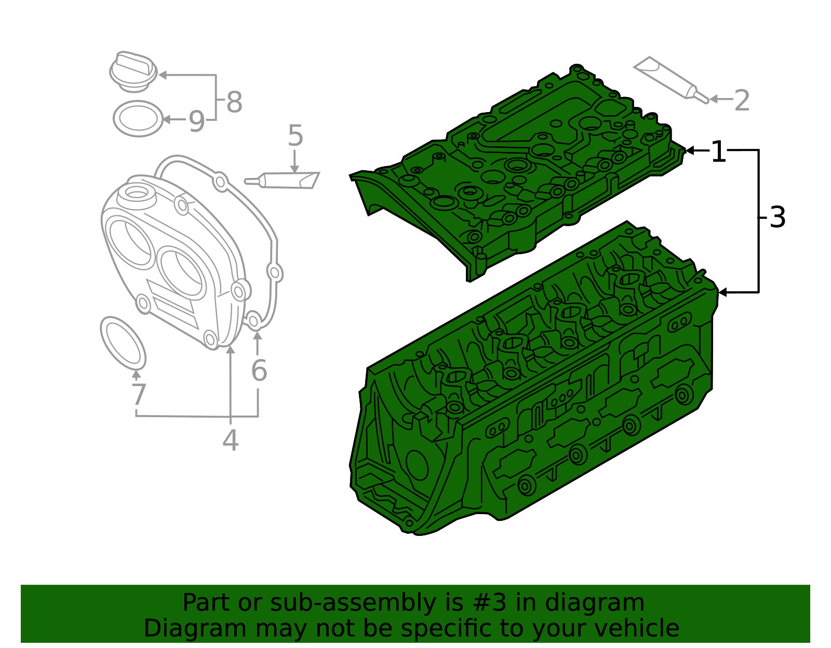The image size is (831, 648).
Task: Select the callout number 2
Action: tap(742, 100)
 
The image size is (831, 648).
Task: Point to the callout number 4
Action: tap(230, 440)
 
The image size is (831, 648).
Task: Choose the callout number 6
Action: tap(259, 370)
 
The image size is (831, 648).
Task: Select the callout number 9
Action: tap(196, 121)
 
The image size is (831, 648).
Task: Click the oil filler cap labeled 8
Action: tap(133, 71)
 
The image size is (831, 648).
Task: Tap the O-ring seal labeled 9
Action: tap(138, 119)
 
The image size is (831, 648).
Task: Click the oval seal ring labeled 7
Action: tap(123, 343)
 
